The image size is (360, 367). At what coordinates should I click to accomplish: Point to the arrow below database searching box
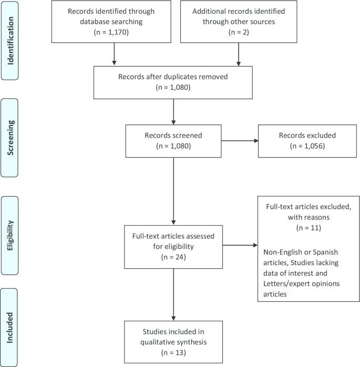click(x=114, y=55)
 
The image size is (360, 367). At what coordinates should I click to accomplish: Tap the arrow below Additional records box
click(x=239, y=55)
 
